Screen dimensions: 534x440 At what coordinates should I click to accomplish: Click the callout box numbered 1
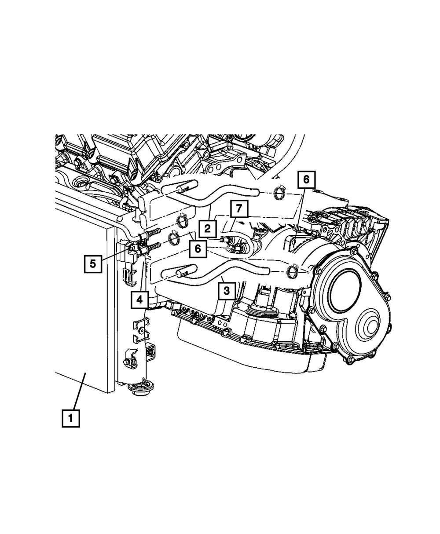[71, 418]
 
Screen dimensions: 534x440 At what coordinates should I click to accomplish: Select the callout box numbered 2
[207, 228]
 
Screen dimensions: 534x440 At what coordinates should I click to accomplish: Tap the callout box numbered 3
[227, 290]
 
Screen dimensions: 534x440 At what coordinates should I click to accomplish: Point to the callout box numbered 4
[139, 300]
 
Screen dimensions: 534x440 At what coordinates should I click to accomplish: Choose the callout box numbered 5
[93, 263]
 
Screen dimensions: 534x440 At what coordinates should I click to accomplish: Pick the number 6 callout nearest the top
[306, 179]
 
